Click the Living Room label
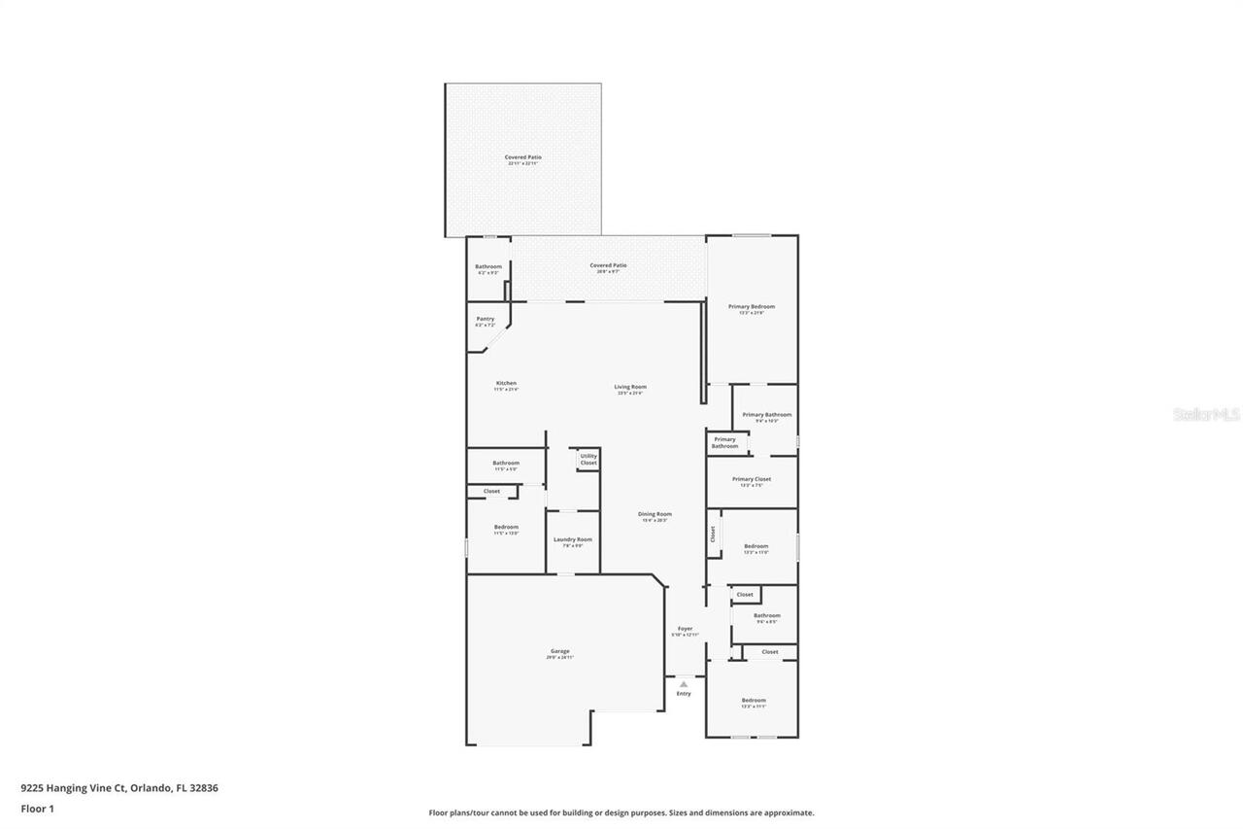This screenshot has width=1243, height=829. tap(631, 387)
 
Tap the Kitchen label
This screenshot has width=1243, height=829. tap(506, 383)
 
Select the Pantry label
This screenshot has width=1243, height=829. tap(486, 319)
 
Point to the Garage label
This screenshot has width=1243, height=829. tap(559, 651)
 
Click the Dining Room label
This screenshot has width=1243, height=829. tap(655, 514)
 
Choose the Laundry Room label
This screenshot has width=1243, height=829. tap(572, 539)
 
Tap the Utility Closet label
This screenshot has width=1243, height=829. tap(588, 459)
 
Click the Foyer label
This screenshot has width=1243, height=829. tap(685, 629)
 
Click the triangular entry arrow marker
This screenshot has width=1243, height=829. tap(684, 684)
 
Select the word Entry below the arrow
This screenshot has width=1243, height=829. tap(684, 694)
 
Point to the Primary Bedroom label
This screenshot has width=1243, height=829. tap(752, 306)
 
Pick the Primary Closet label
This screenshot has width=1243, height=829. tap(752, 479)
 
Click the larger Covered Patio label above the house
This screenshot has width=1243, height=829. tap(522, 157)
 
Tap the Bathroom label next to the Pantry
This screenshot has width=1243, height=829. tap(488, 266)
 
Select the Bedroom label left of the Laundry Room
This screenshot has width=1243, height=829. tap(506, 527)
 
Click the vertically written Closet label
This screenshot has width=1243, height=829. tap(713, 534)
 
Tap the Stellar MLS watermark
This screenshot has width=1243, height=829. tap(1206, 414)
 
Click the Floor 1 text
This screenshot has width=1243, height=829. tap(37, 809)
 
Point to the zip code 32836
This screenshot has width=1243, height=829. tap(204, 788)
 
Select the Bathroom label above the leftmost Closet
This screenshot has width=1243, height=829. tap(506, 463)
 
